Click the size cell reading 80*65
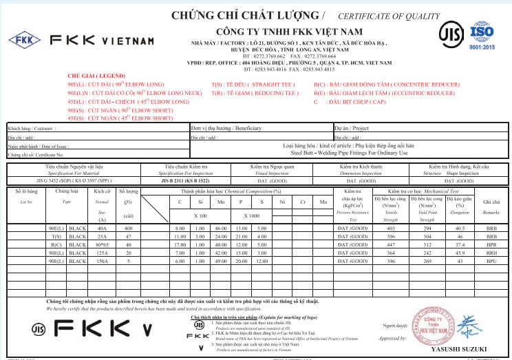[x=103, y=244]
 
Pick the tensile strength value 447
[x=391, y=244]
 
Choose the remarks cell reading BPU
[x=491, y=262]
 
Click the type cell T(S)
[x=56, y=236]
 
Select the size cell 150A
[x=103, y=262]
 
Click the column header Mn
[x=221, y=202]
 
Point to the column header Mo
[x=323, y=202]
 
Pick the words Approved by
[x=394, y=339]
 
